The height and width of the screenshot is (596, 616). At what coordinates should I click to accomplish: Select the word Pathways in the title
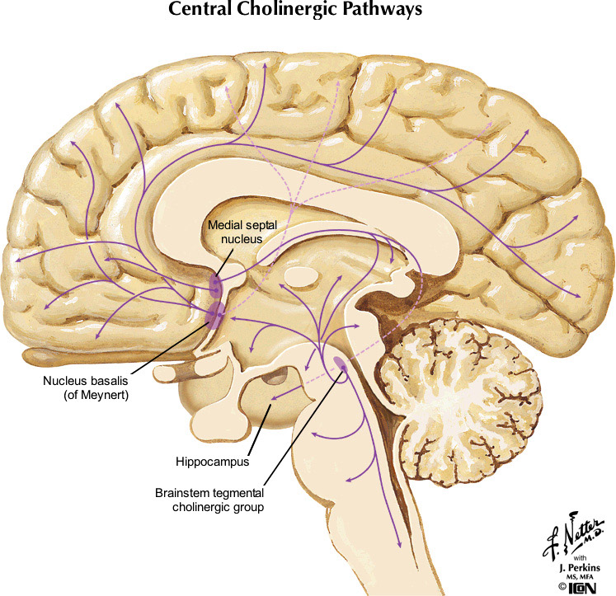[407, 12]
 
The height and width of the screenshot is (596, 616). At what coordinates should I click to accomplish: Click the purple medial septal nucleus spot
[214, 286]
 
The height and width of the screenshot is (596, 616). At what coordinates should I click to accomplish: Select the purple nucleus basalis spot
[216, 313]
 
